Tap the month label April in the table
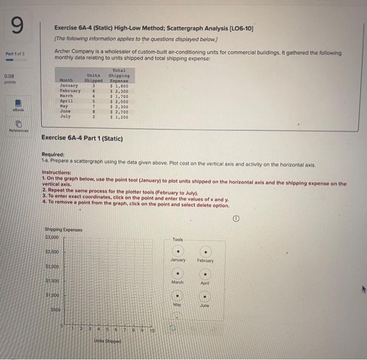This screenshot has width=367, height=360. pyautogui.click(x=67, y=101)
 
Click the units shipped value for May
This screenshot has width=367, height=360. pyautogui.click(x=93, y=106)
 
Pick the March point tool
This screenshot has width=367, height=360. pyautogui.click(x=178, y=273)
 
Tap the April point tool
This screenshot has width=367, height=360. pyautogui.click(x=205, y=273)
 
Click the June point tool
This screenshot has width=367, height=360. pyautogui.click(x=205, y=296)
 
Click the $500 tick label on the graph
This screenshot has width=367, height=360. pyautogui.click(x=56, y=310)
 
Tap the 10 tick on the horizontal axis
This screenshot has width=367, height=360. pyautogui.click(x=153, y=331)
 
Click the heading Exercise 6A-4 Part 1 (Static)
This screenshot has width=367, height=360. pyautogui.click(x=82, y=139)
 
